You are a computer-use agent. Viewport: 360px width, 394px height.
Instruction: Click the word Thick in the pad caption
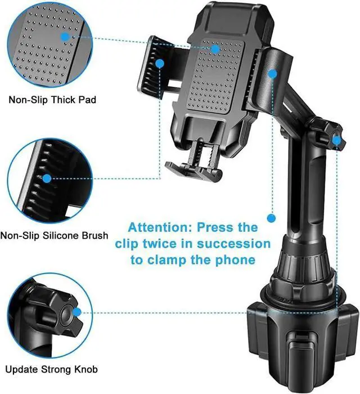click(x=63, y=100)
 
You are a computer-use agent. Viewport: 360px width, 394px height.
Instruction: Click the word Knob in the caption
click(x=86, y=370)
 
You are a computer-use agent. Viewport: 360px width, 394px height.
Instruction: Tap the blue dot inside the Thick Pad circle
click(x=65, y=37)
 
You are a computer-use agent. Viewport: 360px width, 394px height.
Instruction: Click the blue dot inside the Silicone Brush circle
click(x=47, y=178)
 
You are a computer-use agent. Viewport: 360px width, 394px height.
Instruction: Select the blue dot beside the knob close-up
click(x=77, y=312)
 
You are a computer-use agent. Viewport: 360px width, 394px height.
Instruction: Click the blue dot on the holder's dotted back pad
click(x=215, y=49)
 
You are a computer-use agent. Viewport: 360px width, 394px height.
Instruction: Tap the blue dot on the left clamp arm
click(x=160, y=64)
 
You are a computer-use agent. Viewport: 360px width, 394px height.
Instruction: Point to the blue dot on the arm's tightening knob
click(x=336, y=140)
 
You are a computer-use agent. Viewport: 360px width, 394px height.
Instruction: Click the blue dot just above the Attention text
click(x=271, y=218)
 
